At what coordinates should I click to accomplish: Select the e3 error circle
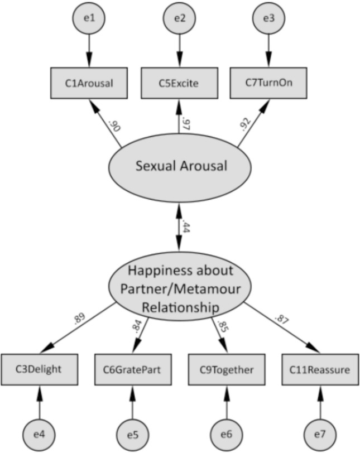tap(268, 18)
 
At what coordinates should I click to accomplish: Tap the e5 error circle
tap(132, 434)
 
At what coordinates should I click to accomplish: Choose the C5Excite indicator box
tap(179, 83)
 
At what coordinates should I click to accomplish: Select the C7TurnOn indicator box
tap(268, 83)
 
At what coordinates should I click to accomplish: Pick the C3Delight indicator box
tap(39, 369)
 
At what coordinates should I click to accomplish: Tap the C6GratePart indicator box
tap(132, 369)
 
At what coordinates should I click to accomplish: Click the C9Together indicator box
tap(226, 369)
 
